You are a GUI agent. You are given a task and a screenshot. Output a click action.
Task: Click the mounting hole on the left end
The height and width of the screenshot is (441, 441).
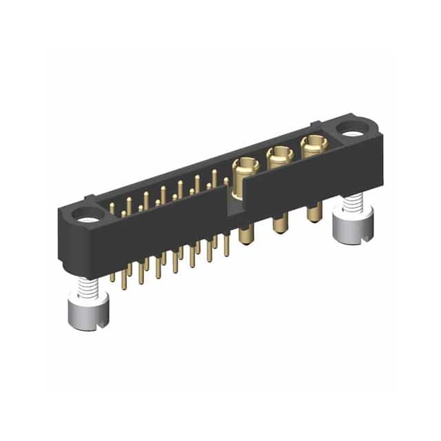[88, 220]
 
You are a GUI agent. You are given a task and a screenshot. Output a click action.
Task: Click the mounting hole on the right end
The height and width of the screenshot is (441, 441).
[353, 127]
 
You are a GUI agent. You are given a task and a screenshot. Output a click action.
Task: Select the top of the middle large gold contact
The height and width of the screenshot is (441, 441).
[279, 155]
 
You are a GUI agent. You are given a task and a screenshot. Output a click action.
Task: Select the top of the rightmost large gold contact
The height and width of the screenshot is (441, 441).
[313, 143]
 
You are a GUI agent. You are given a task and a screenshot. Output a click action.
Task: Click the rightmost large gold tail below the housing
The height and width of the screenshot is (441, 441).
[314, 212]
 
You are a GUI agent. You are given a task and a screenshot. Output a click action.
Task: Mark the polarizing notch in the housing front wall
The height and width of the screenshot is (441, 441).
[236, 201]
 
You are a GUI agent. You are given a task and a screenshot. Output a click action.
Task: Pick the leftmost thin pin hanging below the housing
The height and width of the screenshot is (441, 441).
[112, 276]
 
